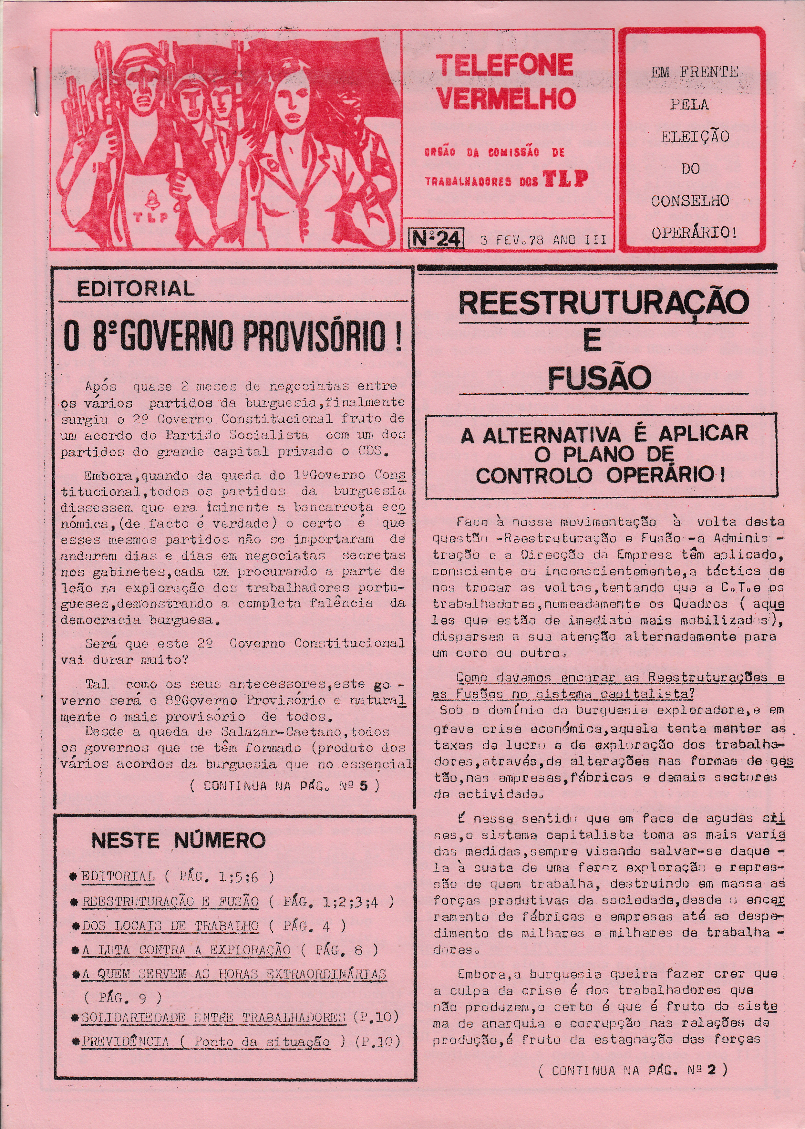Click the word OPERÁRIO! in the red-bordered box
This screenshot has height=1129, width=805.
click(694, 233)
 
